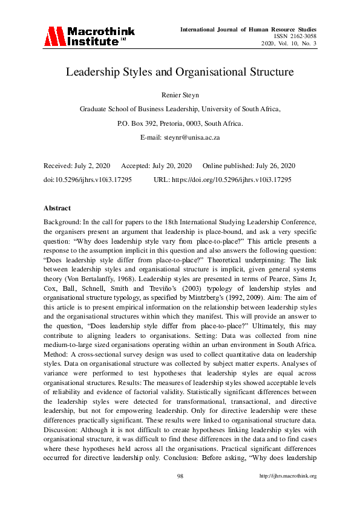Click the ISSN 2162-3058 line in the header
pyautogui.click(x=295, y=36)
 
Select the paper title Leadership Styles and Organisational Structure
pyautogui.click(x=180, y=72)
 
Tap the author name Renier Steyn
pyautogui.click(x=180, y=94)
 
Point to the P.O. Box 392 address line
pyautogui.click(x=180, y=123)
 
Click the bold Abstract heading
pyautogui.click(x=57, y=208)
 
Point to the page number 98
pyautogui.click(x=180, y=476)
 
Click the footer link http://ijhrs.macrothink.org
pyautogui.click(x=288, y=476)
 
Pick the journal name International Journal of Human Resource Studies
pyautogui.click(x=248, y=29)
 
